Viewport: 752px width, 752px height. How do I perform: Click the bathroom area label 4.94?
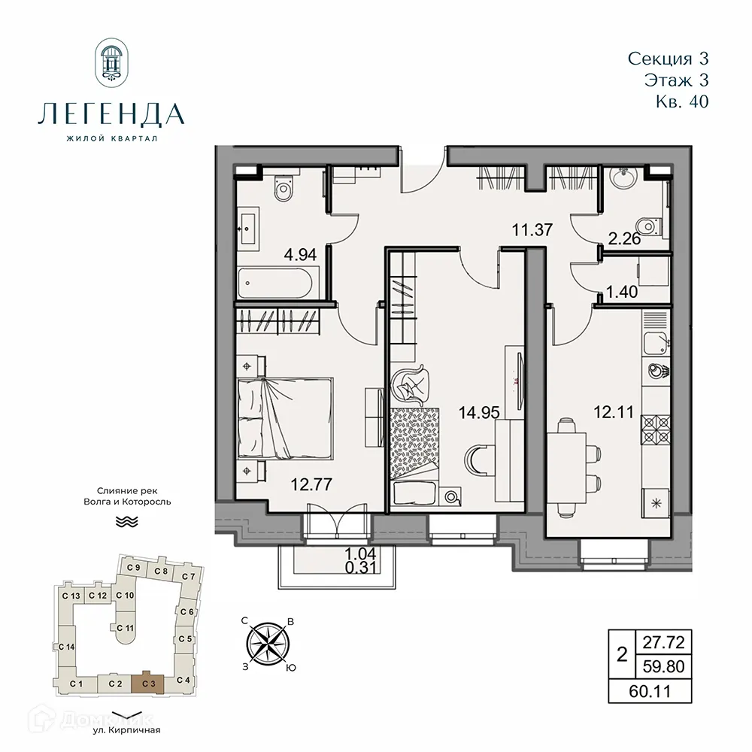(300, 255)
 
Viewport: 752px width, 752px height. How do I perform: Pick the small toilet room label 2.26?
(623, 241)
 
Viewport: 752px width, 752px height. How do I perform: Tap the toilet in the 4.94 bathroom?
(284, 188)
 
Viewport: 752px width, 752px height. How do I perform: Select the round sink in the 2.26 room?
(623, 179)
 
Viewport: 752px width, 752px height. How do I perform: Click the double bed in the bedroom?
(284, 423)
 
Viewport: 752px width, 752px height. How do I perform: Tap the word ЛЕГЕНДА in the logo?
(111, 114)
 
